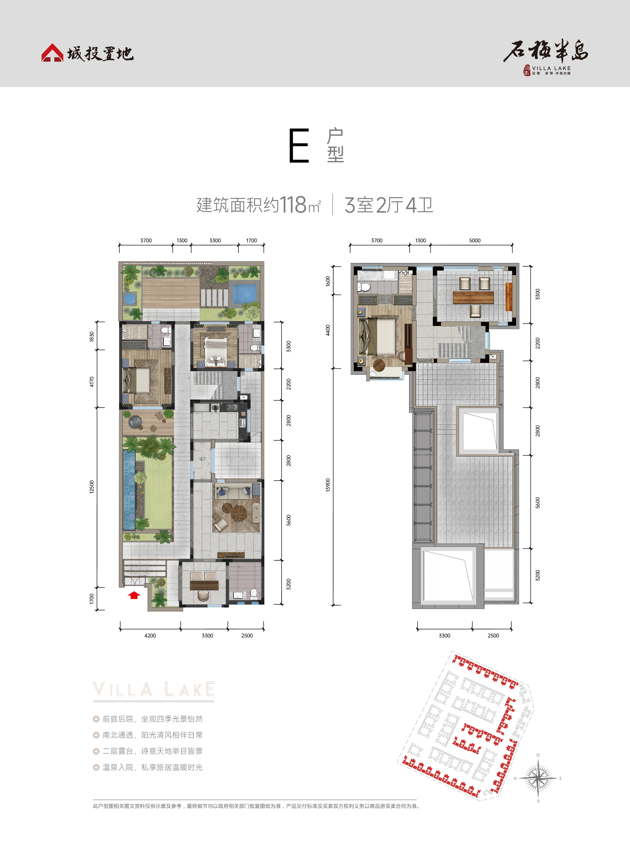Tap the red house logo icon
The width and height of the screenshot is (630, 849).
pyautogui.click(x=52, y=53)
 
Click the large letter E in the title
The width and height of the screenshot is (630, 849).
pyautogui.click(x=299, y=146)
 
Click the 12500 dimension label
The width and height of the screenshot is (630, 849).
pyautogui.click(x=91, y=487)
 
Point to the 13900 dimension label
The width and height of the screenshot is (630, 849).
pyautogui.click(x=328, y=485)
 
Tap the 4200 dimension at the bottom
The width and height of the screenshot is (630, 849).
pyautogui.click(x=150, y=635)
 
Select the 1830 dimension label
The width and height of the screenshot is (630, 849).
pyautogui.click(x=91, y=337)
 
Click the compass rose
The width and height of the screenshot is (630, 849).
pyautogui.click(x=538, y=778)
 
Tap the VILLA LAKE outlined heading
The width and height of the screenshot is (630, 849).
pyautogui.click(x=154, y=690)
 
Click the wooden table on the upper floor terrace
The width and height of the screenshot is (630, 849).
pyautogui.click(x=473, y=297)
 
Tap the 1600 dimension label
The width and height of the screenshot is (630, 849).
pyautogui.click(x=328, y=281)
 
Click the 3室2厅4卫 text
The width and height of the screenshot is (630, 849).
pyautogui.click(x=389, y=205)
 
